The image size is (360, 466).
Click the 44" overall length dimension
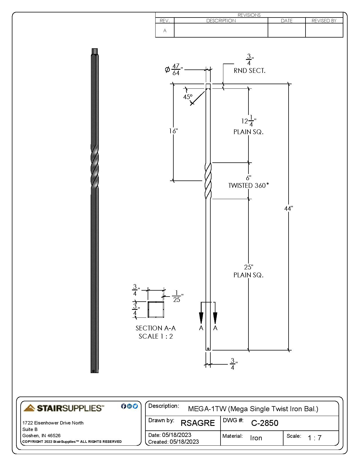pyautogui.click(x=288, y=208)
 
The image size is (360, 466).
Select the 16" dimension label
pyautogui.click(x=173, y=131)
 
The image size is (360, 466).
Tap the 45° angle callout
pyautogui.click(x=187, y=97)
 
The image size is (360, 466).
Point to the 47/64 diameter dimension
pyautogui.click(x=176, y=69)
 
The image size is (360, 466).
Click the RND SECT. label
pyautogui.click(x=249, y=71)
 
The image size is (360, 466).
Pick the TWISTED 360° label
pyautogui.click(x=248, y=186)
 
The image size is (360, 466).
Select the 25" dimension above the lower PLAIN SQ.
pyautogui.click(x=248, y=267)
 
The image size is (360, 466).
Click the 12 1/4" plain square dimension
pyautogui.click(x=248, y=121)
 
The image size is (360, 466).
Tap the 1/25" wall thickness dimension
pyautogui.click(x=177, y=296)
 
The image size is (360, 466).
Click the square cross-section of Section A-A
pyautogui.click(x=156, y=310)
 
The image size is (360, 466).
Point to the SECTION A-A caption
pyautogui.click(x=156, y=328)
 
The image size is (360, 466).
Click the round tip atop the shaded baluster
pyautogui.click(x=95, y=51)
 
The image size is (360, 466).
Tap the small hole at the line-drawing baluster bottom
pyautogui.click(x=208, y=349)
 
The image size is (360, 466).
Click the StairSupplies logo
pyautogui.click(x=64, y=408)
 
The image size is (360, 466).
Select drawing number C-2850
pyautogui.click(x=265, y=423)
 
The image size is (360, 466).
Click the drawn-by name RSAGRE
pyautogui.click(x=198, y=423)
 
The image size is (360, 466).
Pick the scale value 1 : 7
pyautogui.click(x=315, y=438)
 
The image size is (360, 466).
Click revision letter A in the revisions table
pyautogui.click(x=165, y=31)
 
